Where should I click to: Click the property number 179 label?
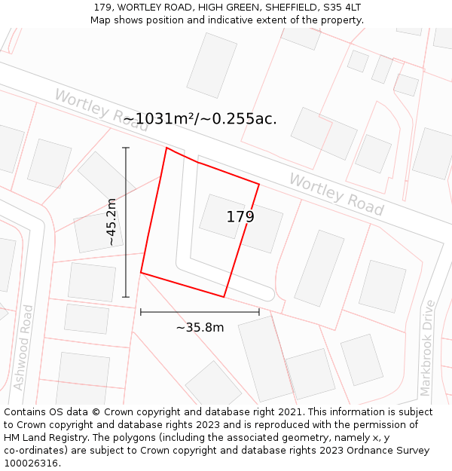[x=240, y=217]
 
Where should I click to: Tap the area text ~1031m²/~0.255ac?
[x=200, y=119]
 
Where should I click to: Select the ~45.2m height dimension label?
[x=111, y=222]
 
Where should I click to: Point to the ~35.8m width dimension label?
[x=200, y=328]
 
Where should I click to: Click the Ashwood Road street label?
[x=23, y=347]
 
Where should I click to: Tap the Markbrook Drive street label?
[x=428, y=347]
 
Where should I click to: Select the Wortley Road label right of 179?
[x=336, y=194]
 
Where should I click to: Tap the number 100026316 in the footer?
[x=31, y=463]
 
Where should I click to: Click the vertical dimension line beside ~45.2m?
[x=126, y=222]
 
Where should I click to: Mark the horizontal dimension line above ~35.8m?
[x=200, y=311]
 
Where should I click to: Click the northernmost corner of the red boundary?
[x=166, y=148]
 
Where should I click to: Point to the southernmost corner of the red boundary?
[x=224, y=297]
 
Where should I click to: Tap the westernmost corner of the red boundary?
[x=141, y=272]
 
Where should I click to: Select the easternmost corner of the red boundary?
[x=259, y=184]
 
